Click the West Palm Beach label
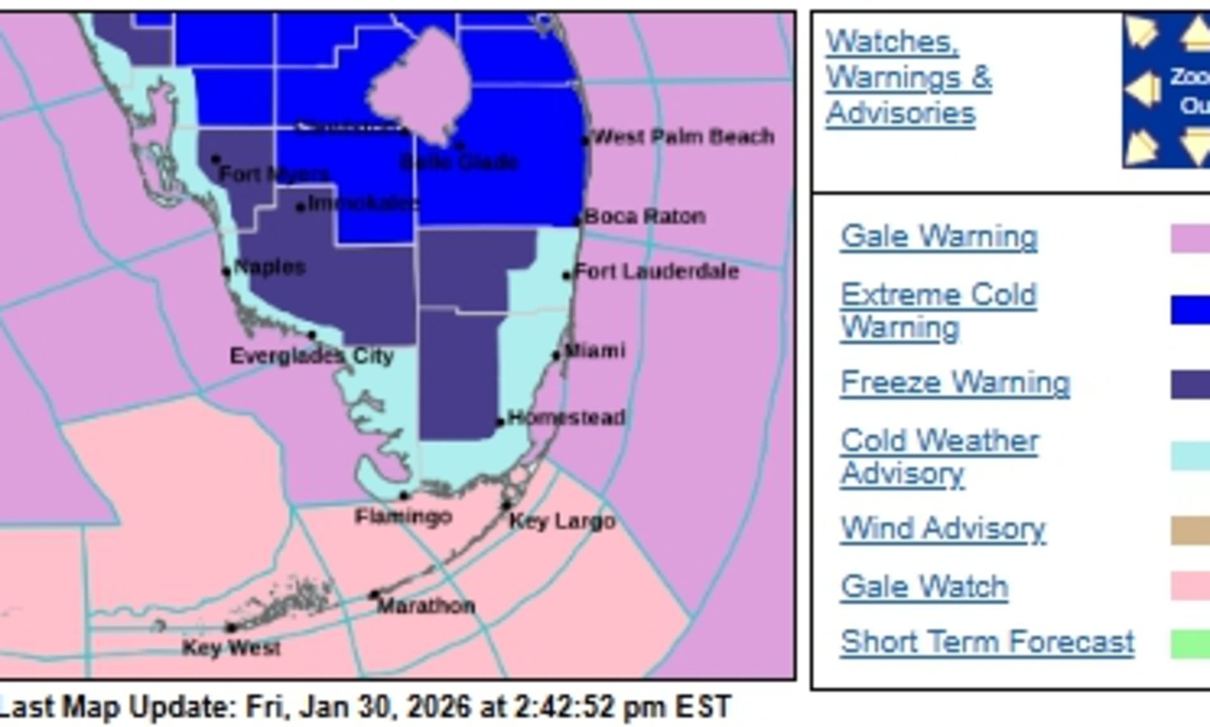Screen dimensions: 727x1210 tap(683, 137)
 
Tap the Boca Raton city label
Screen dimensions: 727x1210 tap(644, 217)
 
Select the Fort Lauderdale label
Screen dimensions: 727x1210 tap(656, 272)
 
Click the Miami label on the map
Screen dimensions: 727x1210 tap(594, 351)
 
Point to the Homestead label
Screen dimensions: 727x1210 tap(566, 418)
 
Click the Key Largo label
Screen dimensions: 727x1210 tap(562, 522)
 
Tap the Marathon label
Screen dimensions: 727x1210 tap(426, 606)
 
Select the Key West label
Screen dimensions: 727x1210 tap(231, 648)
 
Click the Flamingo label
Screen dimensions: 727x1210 tap(403, 517)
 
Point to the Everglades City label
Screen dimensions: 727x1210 tap(311, 356)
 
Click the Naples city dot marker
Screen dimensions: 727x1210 tap(226, 272)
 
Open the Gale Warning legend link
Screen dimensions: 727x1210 tap(939, 237)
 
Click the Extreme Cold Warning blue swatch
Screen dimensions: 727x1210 tap(1190, 310)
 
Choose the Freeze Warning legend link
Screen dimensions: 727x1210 tap(954, 383)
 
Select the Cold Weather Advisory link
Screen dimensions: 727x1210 tap(939, 457)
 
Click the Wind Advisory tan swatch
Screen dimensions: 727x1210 tap(1190, 530)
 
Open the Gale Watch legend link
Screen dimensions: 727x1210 tap(924, 587)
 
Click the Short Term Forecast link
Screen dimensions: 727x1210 tap(987, 642)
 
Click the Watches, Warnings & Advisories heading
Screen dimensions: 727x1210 tap(908, 77)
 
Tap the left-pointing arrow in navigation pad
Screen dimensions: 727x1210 tap(1143, 90)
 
